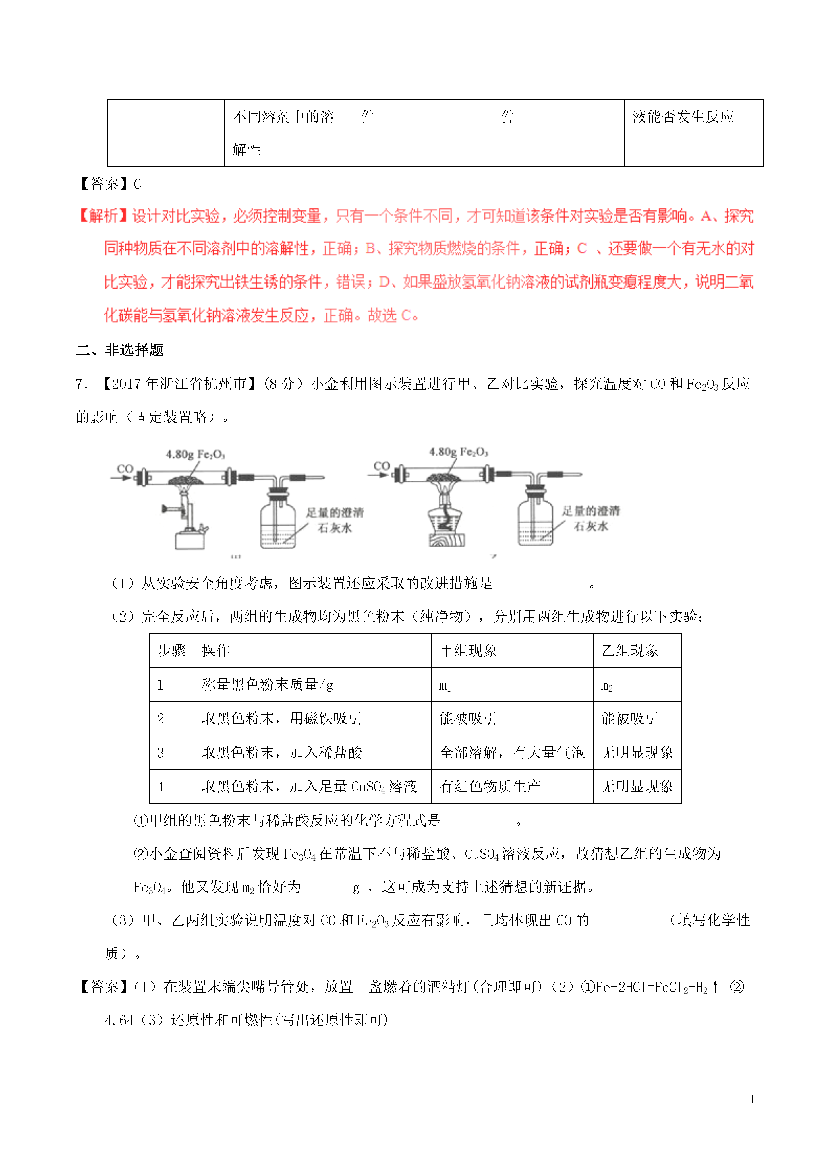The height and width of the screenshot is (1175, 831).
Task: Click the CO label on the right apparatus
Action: coord(381,466)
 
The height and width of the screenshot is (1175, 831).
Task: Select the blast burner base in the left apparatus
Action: coord(190,540)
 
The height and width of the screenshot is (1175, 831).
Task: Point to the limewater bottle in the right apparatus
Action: coord(535,521)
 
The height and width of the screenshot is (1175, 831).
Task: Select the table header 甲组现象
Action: coord(469,651)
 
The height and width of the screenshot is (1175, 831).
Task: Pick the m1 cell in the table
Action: coord(445,685)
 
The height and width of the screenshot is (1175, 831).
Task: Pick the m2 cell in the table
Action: coord(607,685)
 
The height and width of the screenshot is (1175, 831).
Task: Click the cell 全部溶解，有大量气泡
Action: coord(511,752)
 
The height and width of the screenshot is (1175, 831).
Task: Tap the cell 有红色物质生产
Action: coord(490,786)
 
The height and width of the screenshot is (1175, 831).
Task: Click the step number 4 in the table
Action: coord(161,787)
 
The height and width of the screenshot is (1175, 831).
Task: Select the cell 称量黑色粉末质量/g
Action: coord(267,685)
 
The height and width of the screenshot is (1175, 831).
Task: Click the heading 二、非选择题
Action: coord(120,350)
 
